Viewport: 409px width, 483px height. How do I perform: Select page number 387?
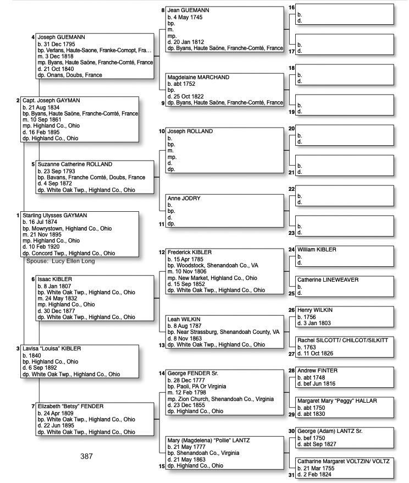point(87,456)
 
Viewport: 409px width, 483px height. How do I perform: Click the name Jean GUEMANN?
point(189,10)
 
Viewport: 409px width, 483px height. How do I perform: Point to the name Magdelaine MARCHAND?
point(198,78)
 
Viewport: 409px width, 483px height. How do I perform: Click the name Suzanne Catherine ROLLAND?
point(75,164)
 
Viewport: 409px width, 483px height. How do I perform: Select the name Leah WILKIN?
point(185,319)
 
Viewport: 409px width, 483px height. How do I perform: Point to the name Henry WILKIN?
point(315,310)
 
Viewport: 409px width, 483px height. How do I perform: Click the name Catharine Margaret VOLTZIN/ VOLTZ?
point(344,461)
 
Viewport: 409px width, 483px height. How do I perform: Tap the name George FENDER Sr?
point(193,373)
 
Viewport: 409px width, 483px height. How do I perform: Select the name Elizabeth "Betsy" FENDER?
point(71,406)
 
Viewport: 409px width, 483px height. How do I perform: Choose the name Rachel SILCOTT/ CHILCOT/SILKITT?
point(343,340)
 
